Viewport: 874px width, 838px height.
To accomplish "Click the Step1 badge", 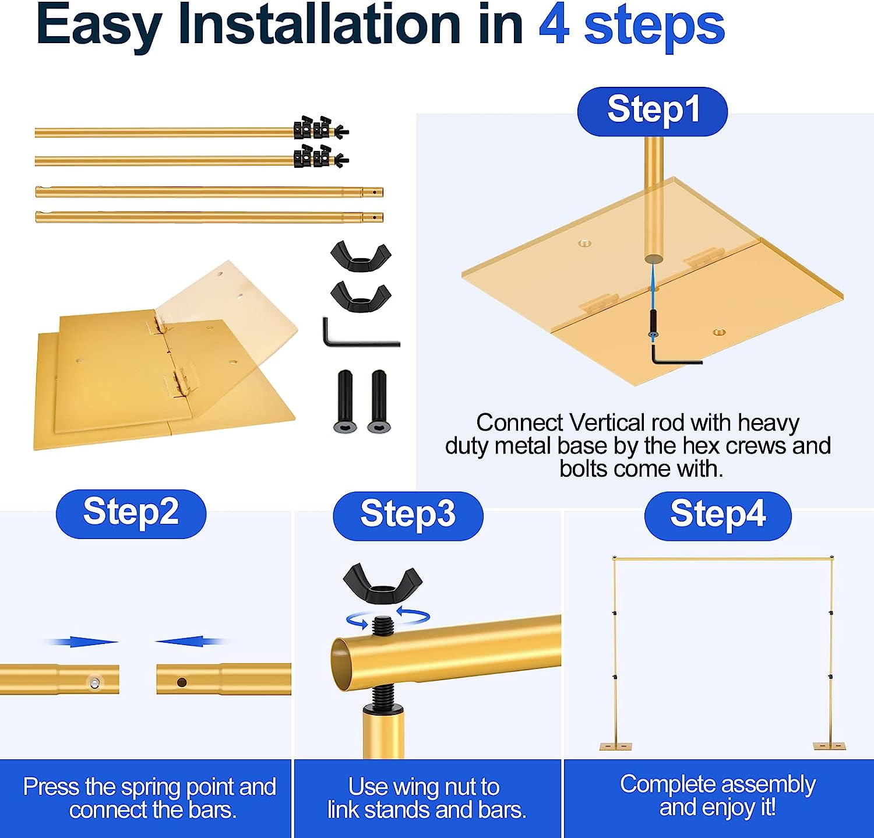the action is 652,111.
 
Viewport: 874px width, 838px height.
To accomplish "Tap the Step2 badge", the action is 131,513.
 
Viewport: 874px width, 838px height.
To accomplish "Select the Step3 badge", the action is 408,516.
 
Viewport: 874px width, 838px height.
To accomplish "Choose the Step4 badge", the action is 718,516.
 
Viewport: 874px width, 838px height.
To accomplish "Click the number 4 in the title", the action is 554,26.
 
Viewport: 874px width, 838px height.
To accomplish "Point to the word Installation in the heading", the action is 319,26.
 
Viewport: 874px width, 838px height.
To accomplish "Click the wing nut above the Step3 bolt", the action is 382,584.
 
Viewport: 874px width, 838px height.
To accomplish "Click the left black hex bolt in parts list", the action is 346,402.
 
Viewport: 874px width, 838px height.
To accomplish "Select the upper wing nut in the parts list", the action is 361,257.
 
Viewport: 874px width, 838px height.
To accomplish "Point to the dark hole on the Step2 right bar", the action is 182,682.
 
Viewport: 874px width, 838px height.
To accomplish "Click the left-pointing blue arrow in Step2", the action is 191,642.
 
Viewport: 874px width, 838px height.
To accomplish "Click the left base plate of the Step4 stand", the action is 615,746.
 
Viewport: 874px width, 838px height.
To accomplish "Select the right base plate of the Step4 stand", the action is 830,746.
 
